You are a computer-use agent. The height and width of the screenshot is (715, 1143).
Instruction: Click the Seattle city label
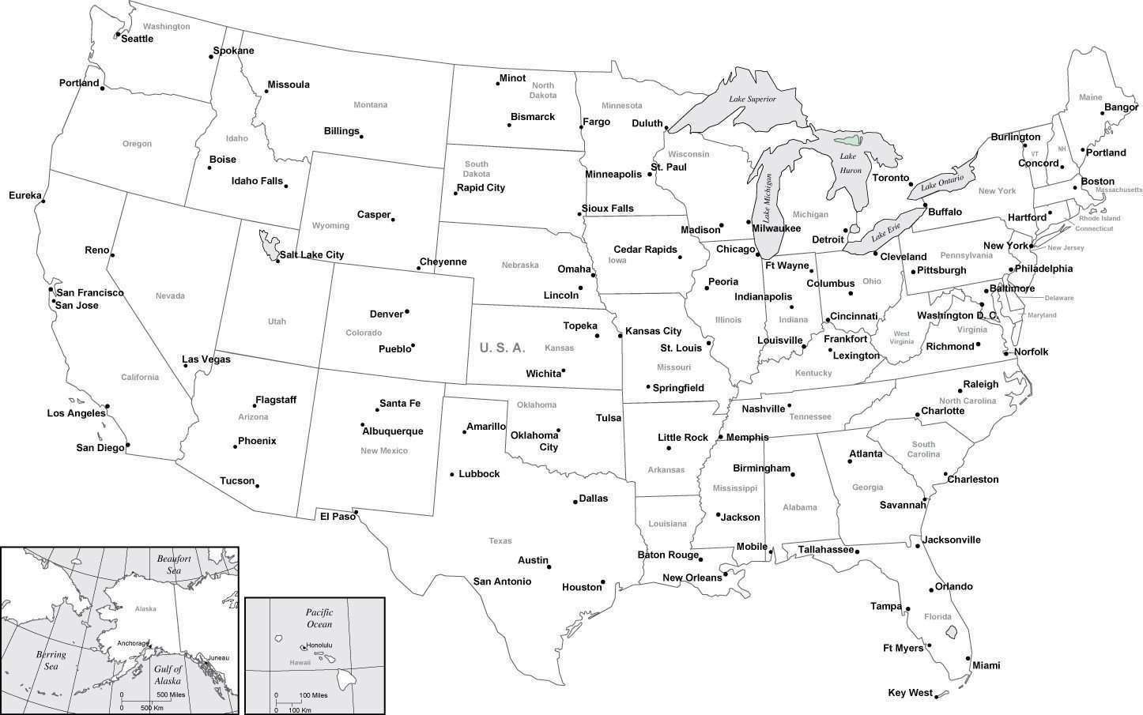coord(138,39)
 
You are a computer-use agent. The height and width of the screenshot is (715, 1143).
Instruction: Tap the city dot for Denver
coord(407,311)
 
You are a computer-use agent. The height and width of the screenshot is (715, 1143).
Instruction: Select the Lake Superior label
coord(752,99)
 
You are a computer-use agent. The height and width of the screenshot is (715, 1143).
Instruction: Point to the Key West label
coord(910,693)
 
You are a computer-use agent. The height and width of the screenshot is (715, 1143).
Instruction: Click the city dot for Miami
coord(968,658)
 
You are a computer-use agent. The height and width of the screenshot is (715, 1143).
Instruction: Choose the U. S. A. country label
coord(502,348)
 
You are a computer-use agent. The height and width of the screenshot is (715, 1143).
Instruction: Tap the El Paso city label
coord(338,516)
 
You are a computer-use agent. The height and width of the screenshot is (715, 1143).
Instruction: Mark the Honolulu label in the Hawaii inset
coord(319,645)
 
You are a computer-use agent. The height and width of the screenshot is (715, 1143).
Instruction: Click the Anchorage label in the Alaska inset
coord(132,643)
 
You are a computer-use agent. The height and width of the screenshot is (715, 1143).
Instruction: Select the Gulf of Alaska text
coord(168,675)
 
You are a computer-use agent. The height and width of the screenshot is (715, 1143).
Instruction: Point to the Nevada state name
coord(170,296)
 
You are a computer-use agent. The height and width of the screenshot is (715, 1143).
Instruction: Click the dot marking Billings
coord(361,137)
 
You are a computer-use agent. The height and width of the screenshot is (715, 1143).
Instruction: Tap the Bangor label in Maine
coord(1121,107)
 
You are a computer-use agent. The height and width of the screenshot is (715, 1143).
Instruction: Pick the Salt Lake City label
coord(311,255)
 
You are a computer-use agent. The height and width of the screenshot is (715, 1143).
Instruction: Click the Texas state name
coord(500,541)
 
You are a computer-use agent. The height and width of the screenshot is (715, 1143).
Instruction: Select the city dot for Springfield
coord(648,386)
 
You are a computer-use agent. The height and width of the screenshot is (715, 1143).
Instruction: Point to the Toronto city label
coord(891,178)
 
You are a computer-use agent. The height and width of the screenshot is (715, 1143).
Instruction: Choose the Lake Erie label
coord(885,234)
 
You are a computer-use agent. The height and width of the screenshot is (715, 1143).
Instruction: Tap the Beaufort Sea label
coord(174,564)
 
